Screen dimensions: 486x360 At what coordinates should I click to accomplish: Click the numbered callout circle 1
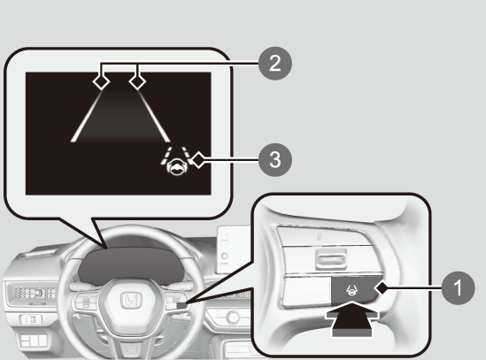point(458,287)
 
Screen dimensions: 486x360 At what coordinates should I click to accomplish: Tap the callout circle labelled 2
point(275,64)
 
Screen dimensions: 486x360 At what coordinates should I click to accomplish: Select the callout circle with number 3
point(275,160)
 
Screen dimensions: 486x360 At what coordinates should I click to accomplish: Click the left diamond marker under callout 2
point(101,82)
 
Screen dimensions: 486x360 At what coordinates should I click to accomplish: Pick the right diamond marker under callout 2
point(137,82)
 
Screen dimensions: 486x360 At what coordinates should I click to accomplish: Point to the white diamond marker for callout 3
point(198,160)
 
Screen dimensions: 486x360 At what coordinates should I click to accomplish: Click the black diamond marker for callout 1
point(382,288)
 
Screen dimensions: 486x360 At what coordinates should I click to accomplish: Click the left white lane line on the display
point(86,117)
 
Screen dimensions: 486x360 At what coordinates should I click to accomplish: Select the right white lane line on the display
point(154,117)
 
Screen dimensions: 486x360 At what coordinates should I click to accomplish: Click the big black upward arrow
point(352,319)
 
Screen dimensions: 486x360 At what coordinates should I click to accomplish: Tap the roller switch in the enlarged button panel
point(330,259)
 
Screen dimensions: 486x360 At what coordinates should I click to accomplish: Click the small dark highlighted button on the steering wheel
point(182,305)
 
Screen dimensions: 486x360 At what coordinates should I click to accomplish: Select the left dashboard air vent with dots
point(35,293)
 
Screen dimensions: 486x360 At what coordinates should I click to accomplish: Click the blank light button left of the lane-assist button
point(307,292)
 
